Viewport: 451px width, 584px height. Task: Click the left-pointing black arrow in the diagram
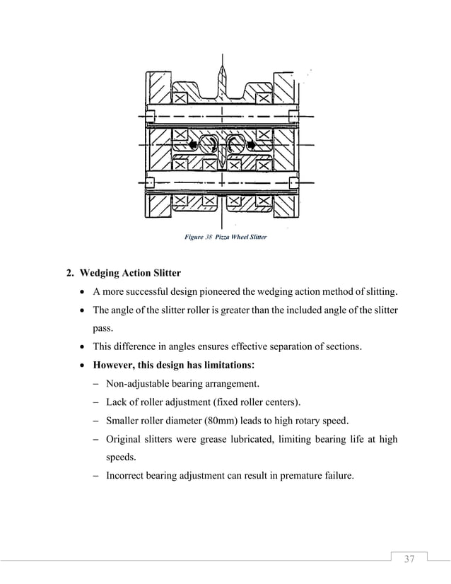[193, 145]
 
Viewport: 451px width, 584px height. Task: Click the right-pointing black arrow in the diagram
[252, 145]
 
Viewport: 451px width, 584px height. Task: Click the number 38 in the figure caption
[208, 237]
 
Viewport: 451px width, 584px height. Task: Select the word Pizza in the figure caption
[224, 237]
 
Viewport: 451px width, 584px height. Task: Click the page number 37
[409, 560]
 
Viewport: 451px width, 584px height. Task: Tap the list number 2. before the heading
[70, 274]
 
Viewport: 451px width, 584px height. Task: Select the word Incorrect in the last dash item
[127, 476]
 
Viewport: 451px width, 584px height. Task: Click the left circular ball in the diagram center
[209, 145]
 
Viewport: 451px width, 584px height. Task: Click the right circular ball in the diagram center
[235, 145]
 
